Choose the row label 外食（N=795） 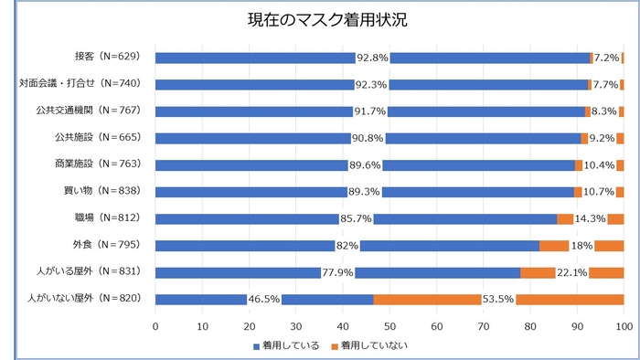[104, 245]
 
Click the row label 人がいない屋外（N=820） [82, 299]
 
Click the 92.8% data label [373, 58]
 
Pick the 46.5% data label [264, 299]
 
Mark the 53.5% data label [498, 299]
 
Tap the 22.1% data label [571, 272]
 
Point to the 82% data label [347, 245]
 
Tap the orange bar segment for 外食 [554, 245]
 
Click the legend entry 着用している [285, 344]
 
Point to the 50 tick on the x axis [390, 324]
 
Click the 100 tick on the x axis [624, 324]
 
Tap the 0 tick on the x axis [156, 324]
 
